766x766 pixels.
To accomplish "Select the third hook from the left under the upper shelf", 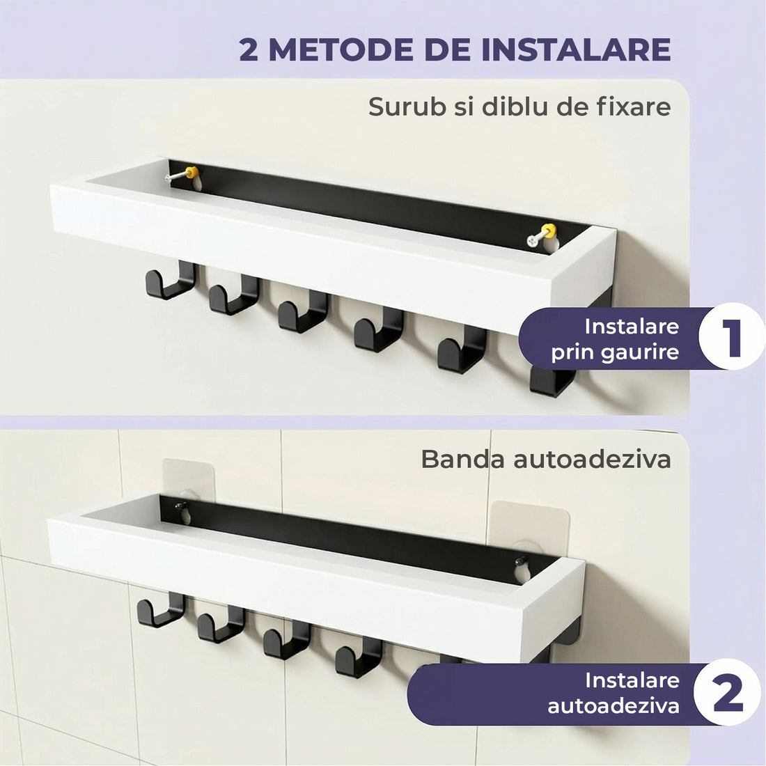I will click(x=302, y=313).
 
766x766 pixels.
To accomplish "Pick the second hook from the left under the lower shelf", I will click(x=219, y=625).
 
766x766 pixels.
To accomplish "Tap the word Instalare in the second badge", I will click(x=632, y=680).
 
